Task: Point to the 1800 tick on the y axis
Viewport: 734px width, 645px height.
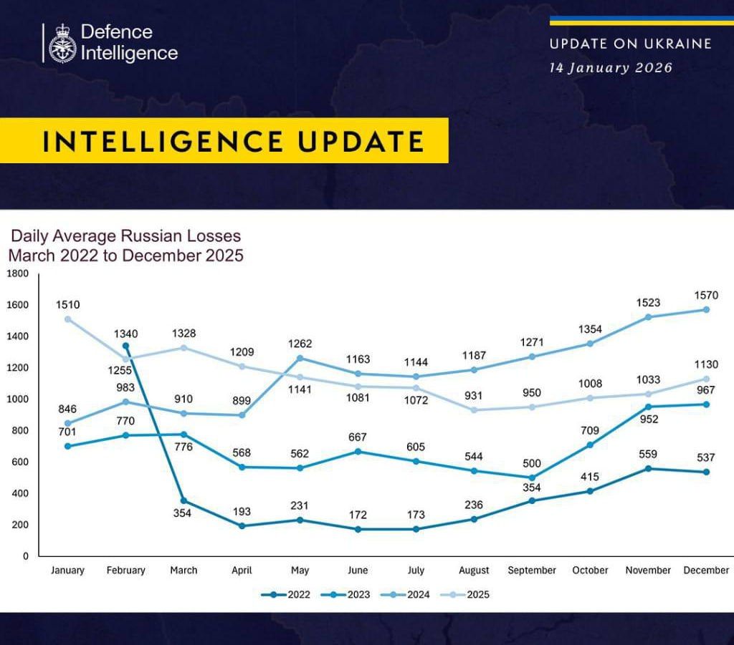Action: (17, 273)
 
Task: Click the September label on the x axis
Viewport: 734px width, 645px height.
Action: (532, 571)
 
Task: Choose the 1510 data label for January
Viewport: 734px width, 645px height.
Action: (68, 306)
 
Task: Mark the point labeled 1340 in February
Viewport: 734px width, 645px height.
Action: (126, 346)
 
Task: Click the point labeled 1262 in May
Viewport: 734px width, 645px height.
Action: (300, 358)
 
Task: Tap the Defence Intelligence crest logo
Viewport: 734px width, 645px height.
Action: (62, 44)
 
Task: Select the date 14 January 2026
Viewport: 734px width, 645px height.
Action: (611, 68)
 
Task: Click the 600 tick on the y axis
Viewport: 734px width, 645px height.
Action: (20, 462)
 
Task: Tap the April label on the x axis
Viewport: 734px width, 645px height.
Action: (242, 571)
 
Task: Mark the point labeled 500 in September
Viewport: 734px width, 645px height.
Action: (531, 477)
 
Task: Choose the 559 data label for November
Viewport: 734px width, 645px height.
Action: (648, 454)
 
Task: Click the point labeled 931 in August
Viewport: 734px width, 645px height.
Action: (474, 410)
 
